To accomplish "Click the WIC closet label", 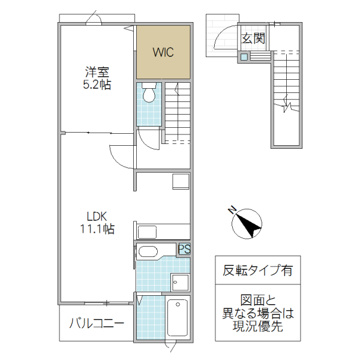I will [x=163, y=52].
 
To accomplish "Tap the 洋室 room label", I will [x=97, y=73].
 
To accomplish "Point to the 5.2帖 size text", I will [x=97, y=85].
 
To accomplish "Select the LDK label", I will [x=97, y=216].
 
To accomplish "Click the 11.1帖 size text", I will [x=97, y=229].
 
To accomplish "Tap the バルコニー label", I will [x=96, y=324].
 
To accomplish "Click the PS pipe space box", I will [x=184, y=248].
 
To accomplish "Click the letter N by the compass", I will [x=232, y=210].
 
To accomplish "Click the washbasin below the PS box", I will [x=180, y=281].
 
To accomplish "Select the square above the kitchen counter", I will [x=180, y=181].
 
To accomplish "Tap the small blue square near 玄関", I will [x=244, y=57].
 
